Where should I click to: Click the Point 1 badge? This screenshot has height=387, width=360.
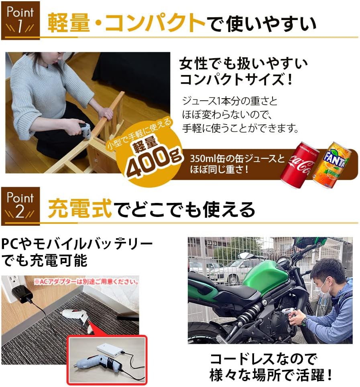point(20,20)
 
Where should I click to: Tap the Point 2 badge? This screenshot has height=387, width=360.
point(20,206)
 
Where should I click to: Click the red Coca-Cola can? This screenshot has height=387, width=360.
point(300,163)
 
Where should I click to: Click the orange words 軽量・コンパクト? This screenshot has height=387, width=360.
point(126,23)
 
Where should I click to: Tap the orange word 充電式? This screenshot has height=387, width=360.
point(79,209)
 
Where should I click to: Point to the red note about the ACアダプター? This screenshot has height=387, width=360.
point(86,282)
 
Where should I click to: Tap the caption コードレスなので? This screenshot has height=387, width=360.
point(263,359)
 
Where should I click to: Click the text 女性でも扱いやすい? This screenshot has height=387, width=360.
point(244,64)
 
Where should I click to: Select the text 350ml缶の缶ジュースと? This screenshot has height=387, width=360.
point(237,158)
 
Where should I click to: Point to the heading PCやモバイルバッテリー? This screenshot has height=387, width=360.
point(77,244)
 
